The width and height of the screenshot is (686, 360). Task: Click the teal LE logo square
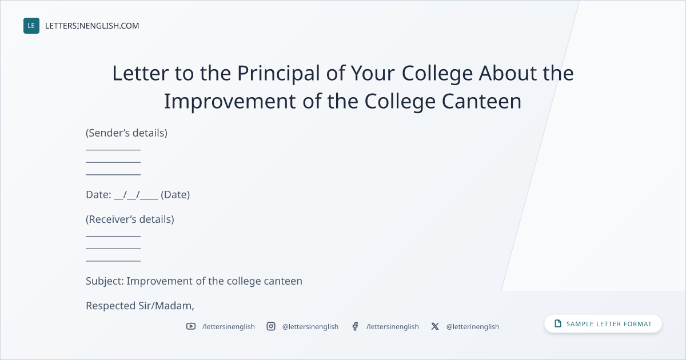click(x=31, y=26)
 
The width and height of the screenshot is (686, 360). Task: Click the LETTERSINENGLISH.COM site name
click(x=92, y=26)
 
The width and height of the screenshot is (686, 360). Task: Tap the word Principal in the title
click(x=278, y=74)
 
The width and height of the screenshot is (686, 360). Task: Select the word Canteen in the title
click(x=481, y=101)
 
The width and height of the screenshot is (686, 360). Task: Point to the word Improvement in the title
click(x=230, y=102)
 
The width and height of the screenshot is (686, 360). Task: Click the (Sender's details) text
click(x=126, y=133)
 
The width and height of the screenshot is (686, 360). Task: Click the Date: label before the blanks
click(x=98, y=195)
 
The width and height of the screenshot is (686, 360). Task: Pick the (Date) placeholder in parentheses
click(x=175, y=195)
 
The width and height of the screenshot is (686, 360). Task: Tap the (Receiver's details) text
click(x=130, y=219)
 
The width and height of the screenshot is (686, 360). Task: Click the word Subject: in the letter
click(x=105, y=281)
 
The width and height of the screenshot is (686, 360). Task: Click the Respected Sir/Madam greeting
click(x=140, y=306)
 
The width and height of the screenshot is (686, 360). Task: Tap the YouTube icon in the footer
click(x=191, y=326)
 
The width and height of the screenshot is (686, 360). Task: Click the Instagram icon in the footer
click(x=271, y=326)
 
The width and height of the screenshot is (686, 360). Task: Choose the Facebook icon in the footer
click(x=355, y=326)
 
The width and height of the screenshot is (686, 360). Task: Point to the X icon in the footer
click(x=435, y=326)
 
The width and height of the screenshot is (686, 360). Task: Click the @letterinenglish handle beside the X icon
click(x=473, y=327)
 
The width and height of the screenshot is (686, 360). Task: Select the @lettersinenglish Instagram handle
click(x=310, y=327)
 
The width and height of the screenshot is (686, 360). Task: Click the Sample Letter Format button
click(x=603, y=323)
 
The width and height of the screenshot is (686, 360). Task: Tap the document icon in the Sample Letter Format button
click(x=558, y=323)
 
